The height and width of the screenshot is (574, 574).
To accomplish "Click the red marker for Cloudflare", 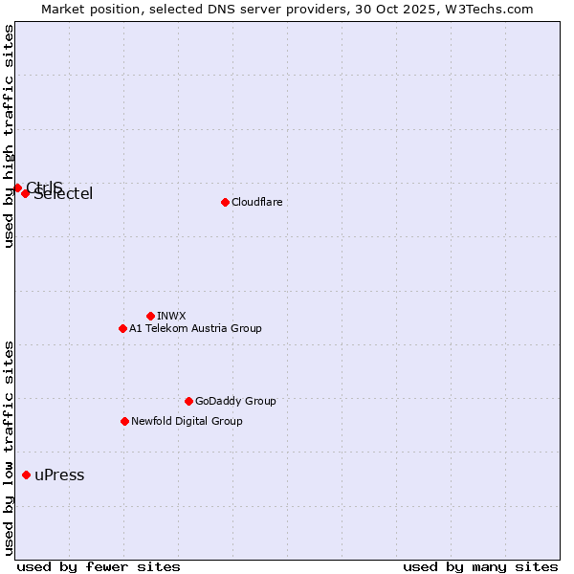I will (x=225, y=202).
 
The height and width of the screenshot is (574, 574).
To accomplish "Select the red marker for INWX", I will (x=150, y=316).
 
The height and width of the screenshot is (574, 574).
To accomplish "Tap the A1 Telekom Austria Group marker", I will (x=122, y=328).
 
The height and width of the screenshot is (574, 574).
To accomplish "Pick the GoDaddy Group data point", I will (x=188, y=401).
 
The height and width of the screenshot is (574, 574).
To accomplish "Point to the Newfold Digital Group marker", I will (x=124, y=421).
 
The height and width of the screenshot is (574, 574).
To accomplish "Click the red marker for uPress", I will (x=26, y=475).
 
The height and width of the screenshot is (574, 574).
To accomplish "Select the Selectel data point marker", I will (x=26, y=193).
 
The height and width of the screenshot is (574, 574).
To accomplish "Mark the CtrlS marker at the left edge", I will (x=17, y=188).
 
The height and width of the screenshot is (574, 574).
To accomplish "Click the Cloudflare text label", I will (x=256, y=202).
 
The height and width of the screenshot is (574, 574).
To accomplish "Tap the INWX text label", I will (x=171, y=316).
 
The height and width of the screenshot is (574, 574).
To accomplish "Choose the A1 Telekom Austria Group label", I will (x=195, y=328).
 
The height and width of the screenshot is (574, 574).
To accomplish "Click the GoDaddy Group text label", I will (x=235, y=401).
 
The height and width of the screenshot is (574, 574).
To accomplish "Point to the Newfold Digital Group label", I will (x=187, y=421).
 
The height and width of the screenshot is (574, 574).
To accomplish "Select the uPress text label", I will (x=59, y=475).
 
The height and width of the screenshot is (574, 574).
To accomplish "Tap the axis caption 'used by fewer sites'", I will (x=99, y=566).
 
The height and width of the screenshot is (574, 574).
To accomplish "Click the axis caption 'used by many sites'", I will (x=480, y=566).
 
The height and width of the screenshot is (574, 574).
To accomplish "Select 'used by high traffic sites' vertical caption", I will (x=9, y=137).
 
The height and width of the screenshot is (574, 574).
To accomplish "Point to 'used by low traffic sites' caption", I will (x=9, y=447).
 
